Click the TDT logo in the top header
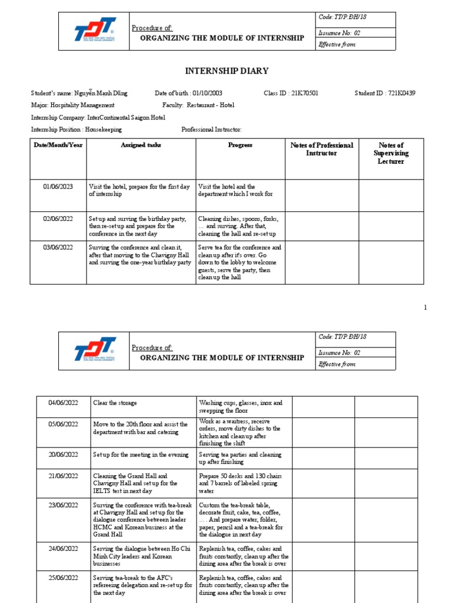pos(95,32)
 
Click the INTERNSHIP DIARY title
pos(227,71)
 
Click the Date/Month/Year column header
pos(58,145)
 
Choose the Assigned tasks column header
pos(141,145)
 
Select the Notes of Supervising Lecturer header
pos(391,153)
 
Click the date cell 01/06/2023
pos(58,187)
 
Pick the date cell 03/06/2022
pos(58,247)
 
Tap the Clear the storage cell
pos(115,403)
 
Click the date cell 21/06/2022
pos(63,476)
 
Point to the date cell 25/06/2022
pos(63,578)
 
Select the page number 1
pos(425,307)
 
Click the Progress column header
pos(240,145)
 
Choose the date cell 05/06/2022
pos(63,424)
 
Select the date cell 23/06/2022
pos(63,505)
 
